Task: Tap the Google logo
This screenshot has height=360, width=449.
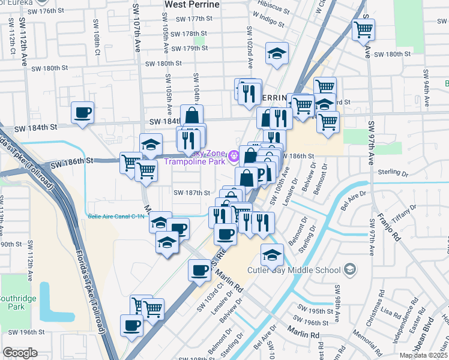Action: (x=20, y=353)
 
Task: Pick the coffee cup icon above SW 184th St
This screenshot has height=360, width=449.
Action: (x=82, y=112)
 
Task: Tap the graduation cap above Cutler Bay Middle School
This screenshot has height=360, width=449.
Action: (x=272, y=254)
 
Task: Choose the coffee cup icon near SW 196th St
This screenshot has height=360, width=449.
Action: (x=131, y=326)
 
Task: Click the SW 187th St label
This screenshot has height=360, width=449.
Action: (x=190, y=193)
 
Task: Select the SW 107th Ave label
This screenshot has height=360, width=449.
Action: (x=138, y=33)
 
